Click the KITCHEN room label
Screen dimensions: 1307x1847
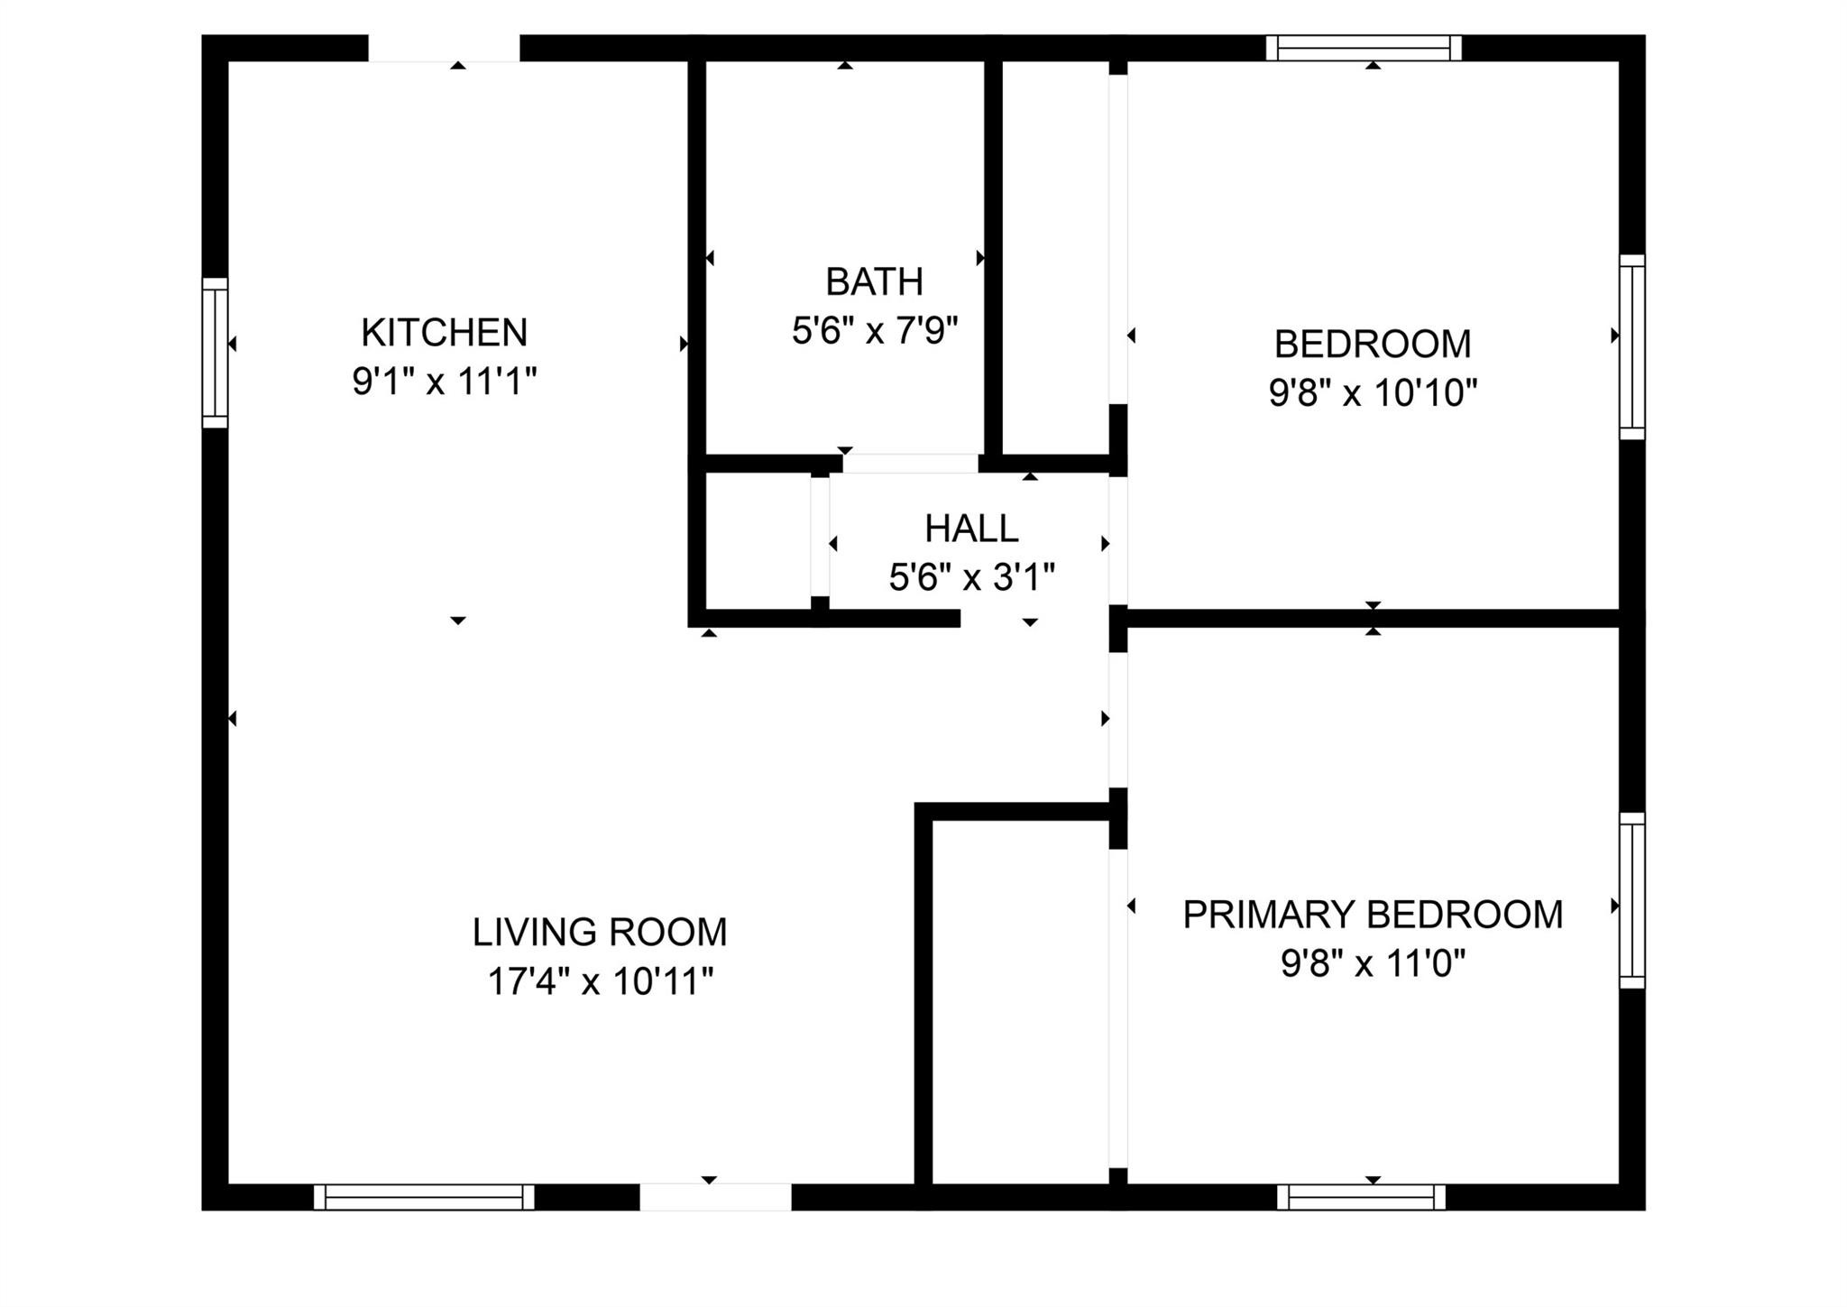click(x=444, y=333)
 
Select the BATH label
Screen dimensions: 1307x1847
click(x=874, y=282)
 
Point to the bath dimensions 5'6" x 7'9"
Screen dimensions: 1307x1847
click(x=874, y=331)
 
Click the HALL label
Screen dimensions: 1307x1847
click(x=971, y=529)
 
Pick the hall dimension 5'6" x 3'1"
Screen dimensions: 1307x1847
click(x=971, y=577)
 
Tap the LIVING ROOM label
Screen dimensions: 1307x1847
click(x=600, y=933)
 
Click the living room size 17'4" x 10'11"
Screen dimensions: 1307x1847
click(x=600, y=981)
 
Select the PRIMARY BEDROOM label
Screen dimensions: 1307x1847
click(x=1373, y=915)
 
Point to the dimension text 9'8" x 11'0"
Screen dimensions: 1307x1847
click(x=1373, y=964)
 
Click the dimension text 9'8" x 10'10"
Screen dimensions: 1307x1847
click(x=1373, y=393)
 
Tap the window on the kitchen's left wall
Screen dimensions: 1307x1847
click(x=215, y=353)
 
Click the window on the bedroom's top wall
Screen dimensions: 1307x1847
click(x=1363, y=48)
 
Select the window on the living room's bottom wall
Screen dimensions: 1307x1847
click(x=424, y=1197)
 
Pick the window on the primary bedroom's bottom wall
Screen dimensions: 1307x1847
click(x=1361, y=1197)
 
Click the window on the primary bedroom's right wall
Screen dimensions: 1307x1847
click(x=1631, y=900)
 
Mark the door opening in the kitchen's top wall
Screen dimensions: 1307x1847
click(x=444, y=48)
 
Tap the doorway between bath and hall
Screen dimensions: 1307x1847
click(x=910, y=464)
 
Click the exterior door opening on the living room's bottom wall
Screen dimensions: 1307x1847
click(x=715, y=1197)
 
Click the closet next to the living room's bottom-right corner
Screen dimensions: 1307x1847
click(x=1019, y=1001)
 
